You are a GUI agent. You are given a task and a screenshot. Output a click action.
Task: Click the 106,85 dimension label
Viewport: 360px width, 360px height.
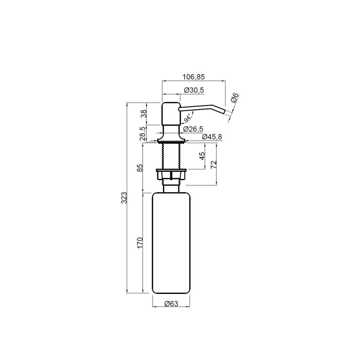pos(193,77)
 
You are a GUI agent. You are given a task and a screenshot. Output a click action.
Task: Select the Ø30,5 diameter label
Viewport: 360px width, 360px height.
pos(194,90)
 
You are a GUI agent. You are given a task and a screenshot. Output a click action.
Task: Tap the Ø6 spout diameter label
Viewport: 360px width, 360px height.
pos(235,98)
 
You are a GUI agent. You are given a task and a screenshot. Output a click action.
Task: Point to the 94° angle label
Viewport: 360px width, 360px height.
pos(187,118)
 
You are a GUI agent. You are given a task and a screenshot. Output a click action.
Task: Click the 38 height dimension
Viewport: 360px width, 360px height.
pos(144,114)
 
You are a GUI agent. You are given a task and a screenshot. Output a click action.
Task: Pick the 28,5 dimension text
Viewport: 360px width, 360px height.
pos(143,134)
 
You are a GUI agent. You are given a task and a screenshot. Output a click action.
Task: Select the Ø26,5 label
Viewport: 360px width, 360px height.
pos(193,129)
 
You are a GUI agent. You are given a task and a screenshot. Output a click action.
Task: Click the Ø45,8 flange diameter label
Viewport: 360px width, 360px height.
pos(212,137)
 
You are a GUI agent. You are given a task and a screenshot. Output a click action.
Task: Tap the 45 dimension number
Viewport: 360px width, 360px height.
pos(202,156)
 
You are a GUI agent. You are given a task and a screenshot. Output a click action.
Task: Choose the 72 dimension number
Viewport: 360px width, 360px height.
pos(213,165)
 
